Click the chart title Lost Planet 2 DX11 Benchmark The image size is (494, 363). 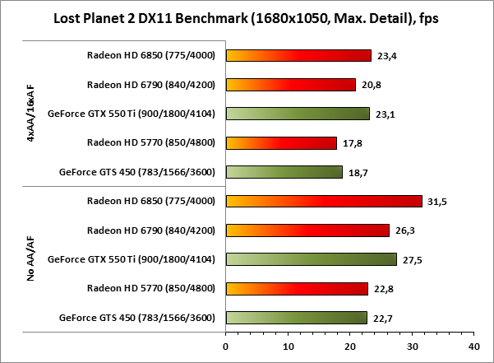click(x=246, y=18)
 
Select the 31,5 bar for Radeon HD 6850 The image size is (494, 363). click(x=324, y=201)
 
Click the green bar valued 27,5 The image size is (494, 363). click(x=312, y=259)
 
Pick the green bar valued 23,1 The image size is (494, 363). click(x=298, y=114)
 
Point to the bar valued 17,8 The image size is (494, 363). click(x=281, y=143)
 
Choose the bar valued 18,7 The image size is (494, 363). click(x=284, y=172)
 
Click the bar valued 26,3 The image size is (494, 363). click(x=307, y=230)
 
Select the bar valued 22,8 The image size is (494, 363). click(x=297, y=288)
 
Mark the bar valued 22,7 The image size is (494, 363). click(x=297, y=318)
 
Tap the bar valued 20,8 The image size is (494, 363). click(x=290, y=85)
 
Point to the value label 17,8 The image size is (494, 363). click(x=352, y=143)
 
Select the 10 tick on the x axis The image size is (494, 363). click(x=288, y=346)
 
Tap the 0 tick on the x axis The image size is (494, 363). click(x=226, y=346)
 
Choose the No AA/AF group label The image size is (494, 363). click(x=30, y=259)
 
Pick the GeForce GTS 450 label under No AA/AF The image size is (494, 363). click(x=137, y=318)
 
